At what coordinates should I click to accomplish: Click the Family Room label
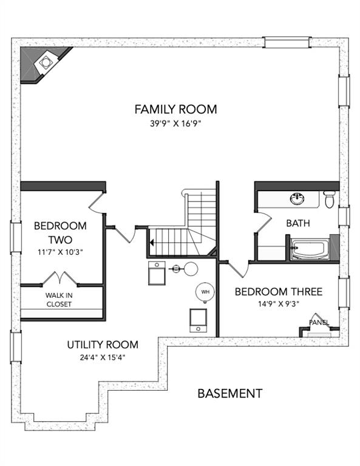175,109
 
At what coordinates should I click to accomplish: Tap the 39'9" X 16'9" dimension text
175,123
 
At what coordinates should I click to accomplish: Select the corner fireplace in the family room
45,64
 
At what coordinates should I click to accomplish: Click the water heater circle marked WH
205,292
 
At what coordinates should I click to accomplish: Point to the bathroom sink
297,198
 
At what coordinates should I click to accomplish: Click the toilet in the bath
329,200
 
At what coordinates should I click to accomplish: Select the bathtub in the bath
310,249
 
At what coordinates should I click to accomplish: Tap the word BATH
298,223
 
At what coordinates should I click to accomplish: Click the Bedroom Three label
279,291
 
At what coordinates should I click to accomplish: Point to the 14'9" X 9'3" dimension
279,304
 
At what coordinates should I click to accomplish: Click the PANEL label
319,322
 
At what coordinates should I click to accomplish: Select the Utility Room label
103,345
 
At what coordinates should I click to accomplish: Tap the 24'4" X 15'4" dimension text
103,357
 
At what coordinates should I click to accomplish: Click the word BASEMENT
230,393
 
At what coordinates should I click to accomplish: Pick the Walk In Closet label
59,300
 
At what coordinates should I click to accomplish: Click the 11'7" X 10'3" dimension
60,252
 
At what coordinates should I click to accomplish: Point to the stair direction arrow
152,243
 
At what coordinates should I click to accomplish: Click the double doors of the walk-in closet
60,278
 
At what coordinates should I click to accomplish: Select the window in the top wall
287,42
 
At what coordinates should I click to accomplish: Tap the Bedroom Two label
60,232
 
